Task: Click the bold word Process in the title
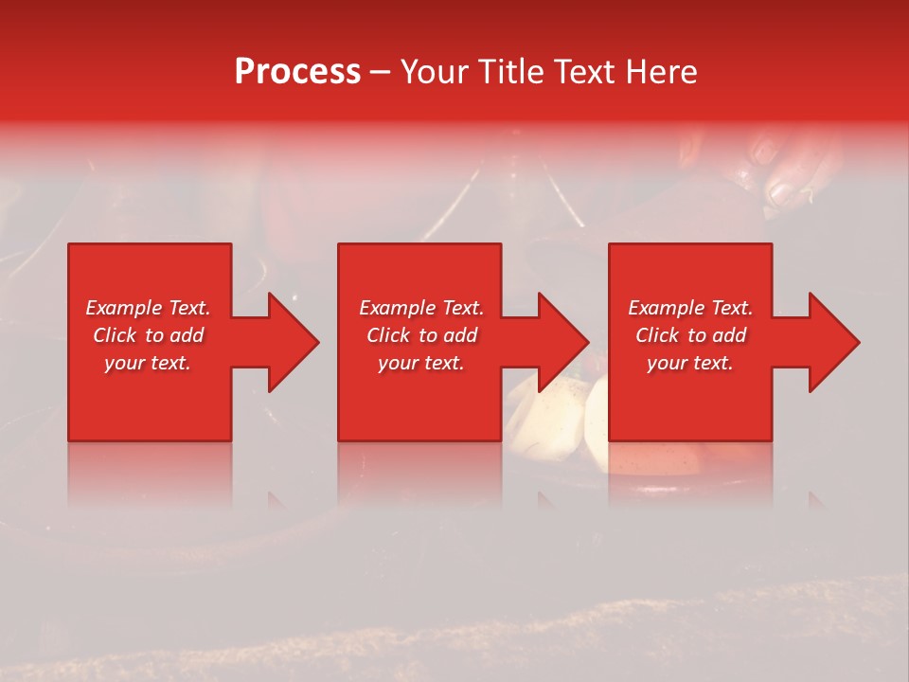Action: pyautogui.click(x=297, y=72)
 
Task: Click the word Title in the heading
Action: pyautogui.click(x=516, y=72)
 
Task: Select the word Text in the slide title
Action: pyautogui.click(x=587, y=72)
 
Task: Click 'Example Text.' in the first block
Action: pyautogui.click(x=148, y=308)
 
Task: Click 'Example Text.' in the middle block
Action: pyautogui.click(x=421, y=308)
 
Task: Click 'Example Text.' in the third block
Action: pyautogui.click(x=690, y=308)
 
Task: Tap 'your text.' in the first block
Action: pyautogui.click(x=148, y=363)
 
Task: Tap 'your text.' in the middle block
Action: pyautogui.click(x=421, y=363)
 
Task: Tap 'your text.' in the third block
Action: pyautogui.click(x=690, y=363)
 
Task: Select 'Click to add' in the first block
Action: pyautogui.click(x=148, y=335)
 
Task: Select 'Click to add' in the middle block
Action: pyautogui.click(x=421, y=335)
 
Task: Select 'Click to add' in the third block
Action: pyautogui.click(x=690, y=335)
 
